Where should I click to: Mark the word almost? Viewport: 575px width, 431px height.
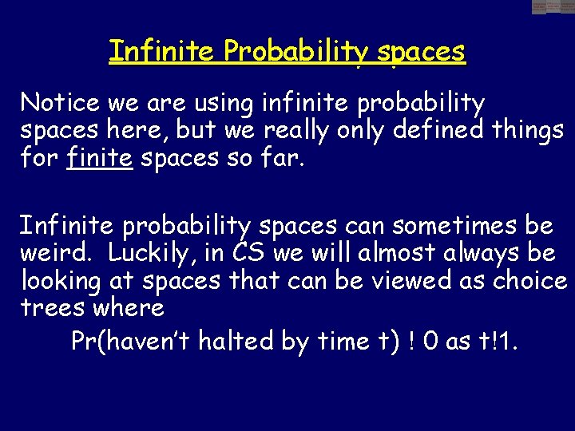tap(387, 254)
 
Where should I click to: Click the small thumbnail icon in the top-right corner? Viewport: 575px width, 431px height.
tap(553, 7)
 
